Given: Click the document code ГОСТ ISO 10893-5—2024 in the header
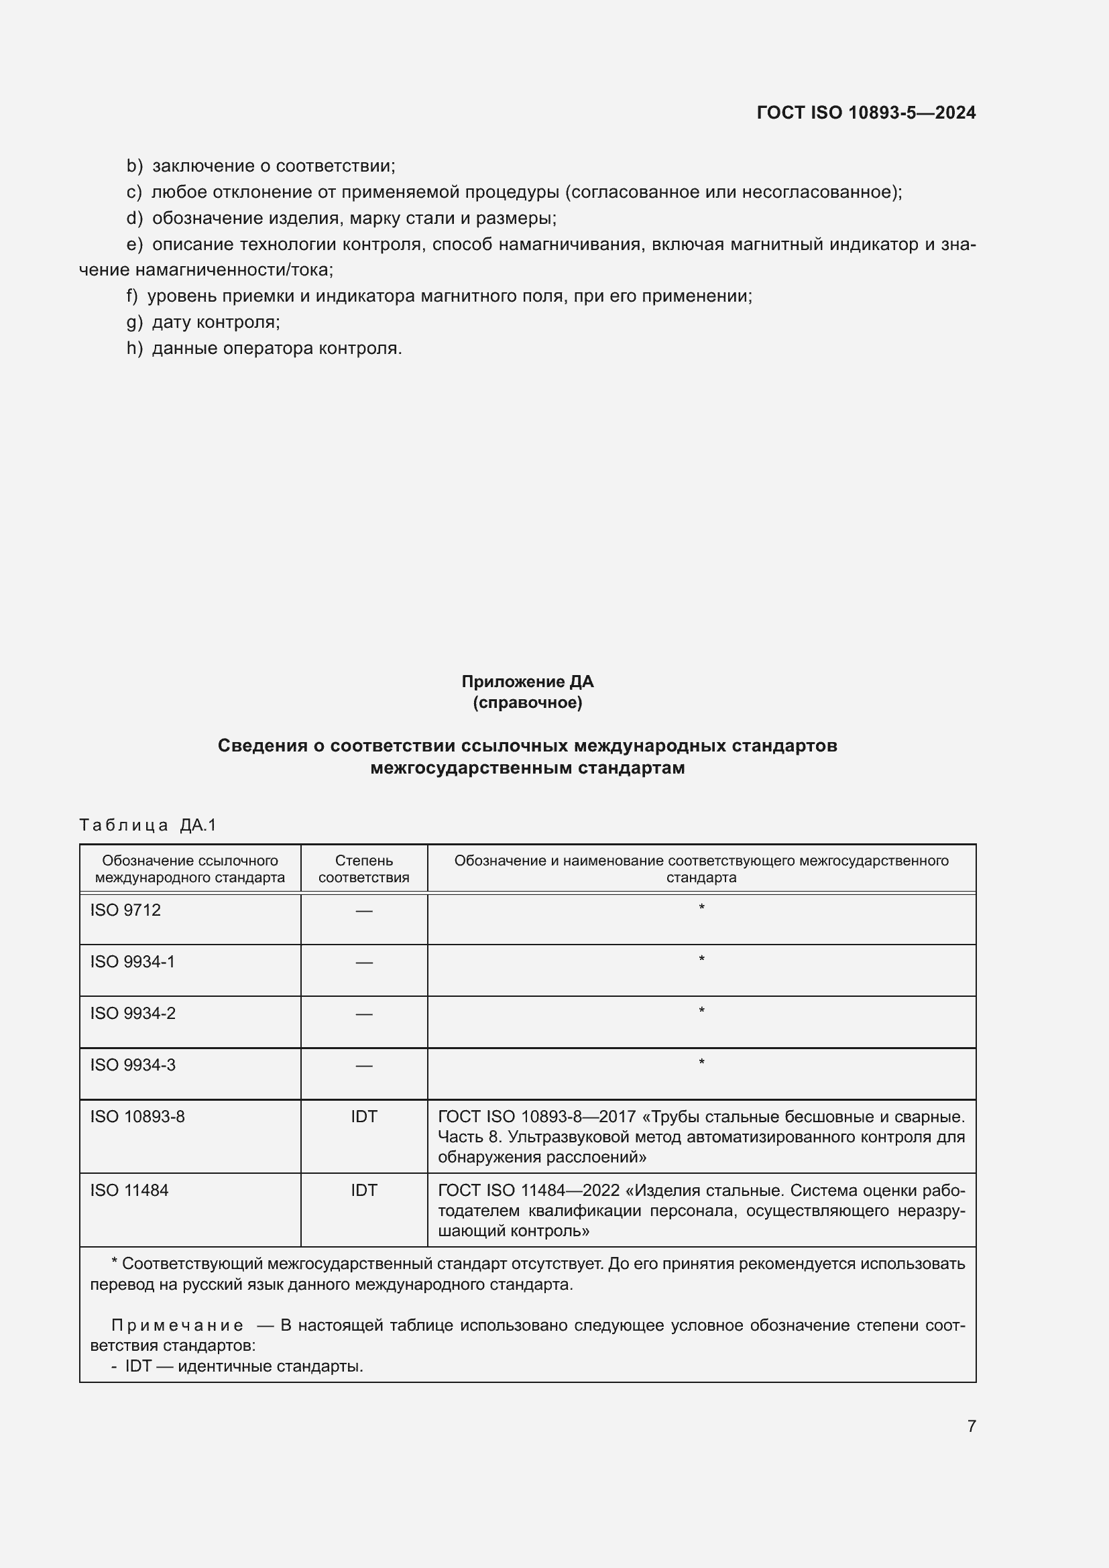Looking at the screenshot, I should pos(866,113).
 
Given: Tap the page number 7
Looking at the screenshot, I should pos(972,1426).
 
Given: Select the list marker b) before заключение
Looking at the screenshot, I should pos(135,166).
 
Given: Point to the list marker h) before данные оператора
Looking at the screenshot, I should pos(135,349).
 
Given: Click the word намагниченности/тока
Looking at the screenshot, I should pos(233,269).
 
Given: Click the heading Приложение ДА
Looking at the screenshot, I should pos(527,682).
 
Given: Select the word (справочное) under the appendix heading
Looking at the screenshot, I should pos(527,703).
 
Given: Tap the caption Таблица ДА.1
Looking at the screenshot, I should pos(148,825).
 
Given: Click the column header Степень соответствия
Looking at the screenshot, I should pos(364,869).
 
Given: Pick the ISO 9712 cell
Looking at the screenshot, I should pos(125,910).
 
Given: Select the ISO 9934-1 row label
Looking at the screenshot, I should pos(133,962).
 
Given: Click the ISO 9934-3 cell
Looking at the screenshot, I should pos(133,1065).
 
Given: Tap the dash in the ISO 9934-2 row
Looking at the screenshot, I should pos(364,1014).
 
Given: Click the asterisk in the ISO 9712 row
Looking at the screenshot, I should pos(701,908).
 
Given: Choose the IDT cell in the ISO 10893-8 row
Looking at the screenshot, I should pos(364,1118).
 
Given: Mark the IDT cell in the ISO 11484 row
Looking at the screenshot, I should pos(364,1191).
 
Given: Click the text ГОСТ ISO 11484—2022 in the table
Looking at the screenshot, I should pos(528,1191).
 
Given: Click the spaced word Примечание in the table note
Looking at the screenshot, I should pos(177,1326).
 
